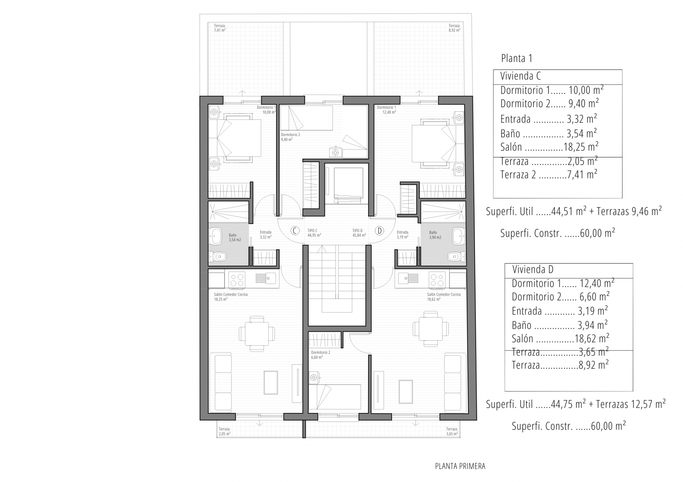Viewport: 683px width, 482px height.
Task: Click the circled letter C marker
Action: pyautogui.click(x=294, y=231)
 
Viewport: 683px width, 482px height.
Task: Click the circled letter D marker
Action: pyautogui.click(x=379, y=231)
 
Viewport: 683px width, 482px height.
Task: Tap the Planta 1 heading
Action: pyautogui.click(x=517, y=59)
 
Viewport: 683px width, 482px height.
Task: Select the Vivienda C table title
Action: pyautogui.click(x=520, y=76)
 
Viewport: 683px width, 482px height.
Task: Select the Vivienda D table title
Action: pyautogui.click(x=533, y=269)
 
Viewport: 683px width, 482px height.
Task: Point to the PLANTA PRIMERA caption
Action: pyautogui.click(x=460, y=466)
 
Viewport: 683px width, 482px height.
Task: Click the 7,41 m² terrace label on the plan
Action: pyautogui.click(x=220, y=28)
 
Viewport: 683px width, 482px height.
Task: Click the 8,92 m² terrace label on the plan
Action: pyautogui.click(x=454, y=28)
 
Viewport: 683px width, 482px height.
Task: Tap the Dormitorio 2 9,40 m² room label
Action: pyautogui.click(x=290, y=137)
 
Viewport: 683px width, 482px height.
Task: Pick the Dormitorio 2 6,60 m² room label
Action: pyautogui.click(x=320, y=355)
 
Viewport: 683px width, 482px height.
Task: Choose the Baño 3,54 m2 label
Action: pyautogui.click(x=234, y=237)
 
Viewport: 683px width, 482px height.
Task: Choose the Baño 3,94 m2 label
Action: pyautogui.click(x=435, y=235)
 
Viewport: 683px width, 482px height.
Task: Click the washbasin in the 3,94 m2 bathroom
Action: pyautogui.click(x=459, y=236)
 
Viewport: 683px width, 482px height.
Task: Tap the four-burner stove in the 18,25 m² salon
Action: pyautogui.click(x=237, y=280)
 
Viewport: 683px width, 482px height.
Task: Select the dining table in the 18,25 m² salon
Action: pyautogui.click(x=257, y=334)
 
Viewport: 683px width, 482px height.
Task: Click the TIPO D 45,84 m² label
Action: pyautogui.click(x=359, y=233)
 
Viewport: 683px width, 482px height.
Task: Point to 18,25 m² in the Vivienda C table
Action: pyautogui.click(x=581, y=147)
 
